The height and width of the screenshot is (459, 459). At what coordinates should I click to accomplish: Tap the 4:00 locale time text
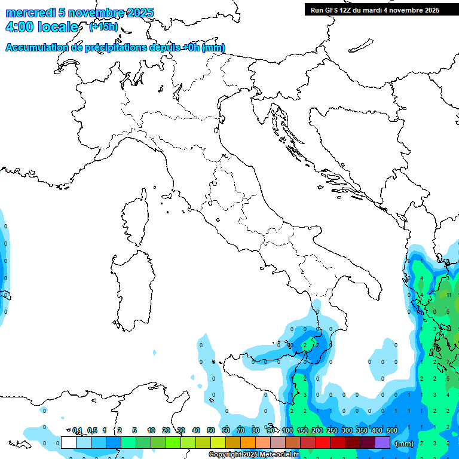point(41,27)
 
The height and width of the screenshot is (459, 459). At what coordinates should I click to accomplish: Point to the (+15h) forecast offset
point(103,27)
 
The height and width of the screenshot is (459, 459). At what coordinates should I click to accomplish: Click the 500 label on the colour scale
point(392,430)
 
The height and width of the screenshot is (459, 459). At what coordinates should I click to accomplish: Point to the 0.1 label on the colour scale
point(77,430)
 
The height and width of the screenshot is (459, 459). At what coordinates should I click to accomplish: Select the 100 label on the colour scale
point(287,430)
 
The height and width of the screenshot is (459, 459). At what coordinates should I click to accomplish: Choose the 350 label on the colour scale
point(362,430)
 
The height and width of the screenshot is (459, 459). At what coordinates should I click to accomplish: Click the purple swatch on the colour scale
point(382,442)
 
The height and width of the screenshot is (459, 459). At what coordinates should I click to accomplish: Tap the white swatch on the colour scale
point(69,442)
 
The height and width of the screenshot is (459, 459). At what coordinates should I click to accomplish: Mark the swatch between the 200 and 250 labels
point(323,442)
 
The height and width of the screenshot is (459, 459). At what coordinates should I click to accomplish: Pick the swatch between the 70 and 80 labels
point(248,442)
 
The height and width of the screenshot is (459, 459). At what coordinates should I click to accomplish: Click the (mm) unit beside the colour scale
point(405,443)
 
